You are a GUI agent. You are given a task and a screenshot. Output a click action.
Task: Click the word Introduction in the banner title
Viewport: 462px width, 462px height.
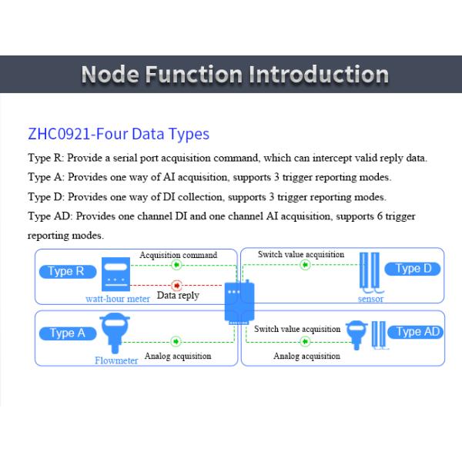pos(317,75)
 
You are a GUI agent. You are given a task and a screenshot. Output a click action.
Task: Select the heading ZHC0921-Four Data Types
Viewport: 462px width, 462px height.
pos(119,134)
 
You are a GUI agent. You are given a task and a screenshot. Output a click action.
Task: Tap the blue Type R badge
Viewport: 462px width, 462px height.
pos(66,271)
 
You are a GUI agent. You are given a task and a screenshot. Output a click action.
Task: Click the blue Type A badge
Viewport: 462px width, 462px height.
pos(67,333)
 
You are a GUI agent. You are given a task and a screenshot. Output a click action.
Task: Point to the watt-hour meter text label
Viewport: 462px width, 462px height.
pos(118,299)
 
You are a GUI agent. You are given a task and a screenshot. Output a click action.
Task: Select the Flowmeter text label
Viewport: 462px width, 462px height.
pos(116,360)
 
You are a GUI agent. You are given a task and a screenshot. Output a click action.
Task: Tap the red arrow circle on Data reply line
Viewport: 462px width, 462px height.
pos(176,285)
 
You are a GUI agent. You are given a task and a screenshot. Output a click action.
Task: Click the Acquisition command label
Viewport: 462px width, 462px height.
pos(178,255)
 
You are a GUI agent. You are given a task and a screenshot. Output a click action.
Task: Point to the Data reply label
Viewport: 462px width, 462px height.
pos(178,295)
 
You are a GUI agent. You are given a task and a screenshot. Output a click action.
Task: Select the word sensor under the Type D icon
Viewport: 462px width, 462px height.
pos(370,299)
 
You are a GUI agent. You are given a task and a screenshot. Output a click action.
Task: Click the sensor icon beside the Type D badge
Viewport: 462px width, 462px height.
pos(370,273)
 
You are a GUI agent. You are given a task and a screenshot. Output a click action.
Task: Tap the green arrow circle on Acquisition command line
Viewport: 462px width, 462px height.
pos(176,265)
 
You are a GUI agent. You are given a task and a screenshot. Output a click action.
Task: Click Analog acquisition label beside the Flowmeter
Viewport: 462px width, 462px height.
pos(178,356)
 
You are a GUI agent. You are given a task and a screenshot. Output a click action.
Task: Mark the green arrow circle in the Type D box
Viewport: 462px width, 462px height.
pos(304,265)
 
